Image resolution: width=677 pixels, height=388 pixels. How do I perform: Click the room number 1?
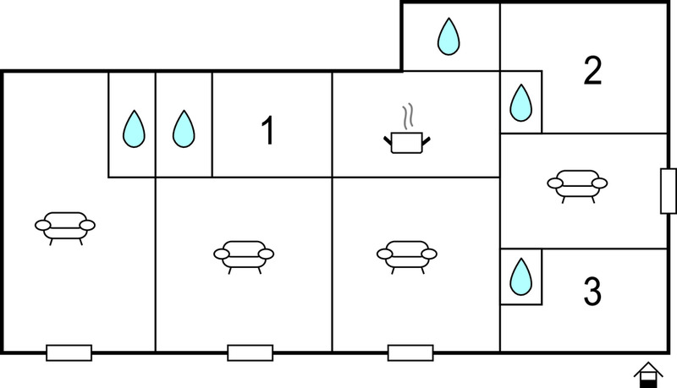click(x=268, y=131)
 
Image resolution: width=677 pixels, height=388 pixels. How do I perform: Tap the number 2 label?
click(x=592, y=70)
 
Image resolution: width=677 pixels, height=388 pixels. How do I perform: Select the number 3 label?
click(x=592, y=292)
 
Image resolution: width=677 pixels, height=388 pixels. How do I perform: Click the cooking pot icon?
click(x=407, y=142)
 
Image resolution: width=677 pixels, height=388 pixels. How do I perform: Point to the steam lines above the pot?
click(x=408, y=116)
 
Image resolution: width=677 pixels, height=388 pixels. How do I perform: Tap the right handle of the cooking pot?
click(x=427, y=140)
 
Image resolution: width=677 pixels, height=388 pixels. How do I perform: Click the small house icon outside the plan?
click(x=648, y=375)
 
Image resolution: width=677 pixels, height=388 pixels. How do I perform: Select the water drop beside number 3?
click(x=521, y=276)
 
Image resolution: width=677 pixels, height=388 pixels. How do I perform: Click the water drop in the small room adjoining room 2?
click(x=521, y=102)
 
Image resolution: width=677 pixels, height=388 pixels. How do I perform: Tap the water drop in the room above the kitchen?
click(x=449, y=36)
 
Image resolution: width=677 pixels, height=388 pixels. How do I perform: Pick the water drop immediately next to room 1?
click(x=184, y=128)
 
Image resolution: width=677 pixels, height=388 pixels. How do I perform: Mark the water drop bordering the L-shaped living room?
click(x=134, y=128)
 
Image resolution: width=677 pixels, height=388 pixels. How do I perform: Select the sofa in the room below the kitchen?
click(x=407, y=257)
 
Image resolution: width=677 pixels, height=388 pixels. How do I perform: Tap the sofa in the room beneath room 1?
click(x=244, y=257)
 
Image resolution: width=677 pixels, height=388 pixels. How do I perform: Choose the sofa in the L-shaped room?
click(x=65, y=228)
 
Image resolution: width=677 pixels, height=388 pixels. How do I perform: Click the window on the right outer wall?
click(x=669, y=191)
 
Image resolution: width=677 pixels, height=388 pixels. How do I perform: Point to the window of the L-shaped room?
click(x=69, y=352)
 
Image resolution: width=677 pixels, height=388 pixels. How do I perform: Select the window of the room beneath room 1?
click(x=250, y=352)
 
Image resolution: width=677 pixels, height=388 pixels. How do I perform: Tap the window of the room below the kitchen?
click(x=410, y=352)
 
